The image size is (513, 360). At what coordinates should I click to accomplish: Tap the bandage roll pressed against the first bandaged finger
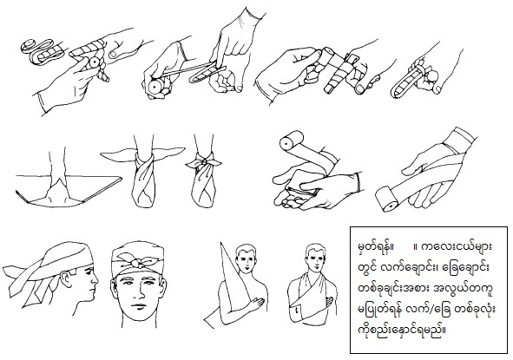(94, 62)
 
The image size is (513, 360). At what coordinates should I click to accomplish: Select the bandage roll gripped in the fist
(154, 87)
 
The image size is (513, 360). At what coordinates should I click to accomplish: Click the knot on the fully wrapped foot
(203, 161)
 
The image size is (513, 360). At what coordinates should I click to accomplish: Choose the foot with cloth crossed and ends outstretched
(144, 177)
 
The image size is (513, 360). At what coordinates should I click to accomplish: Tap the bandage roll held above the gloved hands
(291, 140)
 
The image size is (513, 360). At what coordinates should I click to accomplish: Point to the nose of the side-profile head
(95, 279)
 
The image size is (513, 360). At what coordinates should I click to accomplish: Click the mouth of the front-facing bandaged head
(139, 306)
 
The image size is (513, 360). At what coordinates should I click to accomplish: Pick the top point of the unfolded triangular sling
(221, 243)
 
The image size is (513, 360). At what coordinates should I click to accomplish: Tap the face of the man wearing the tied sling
(315, 259)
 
